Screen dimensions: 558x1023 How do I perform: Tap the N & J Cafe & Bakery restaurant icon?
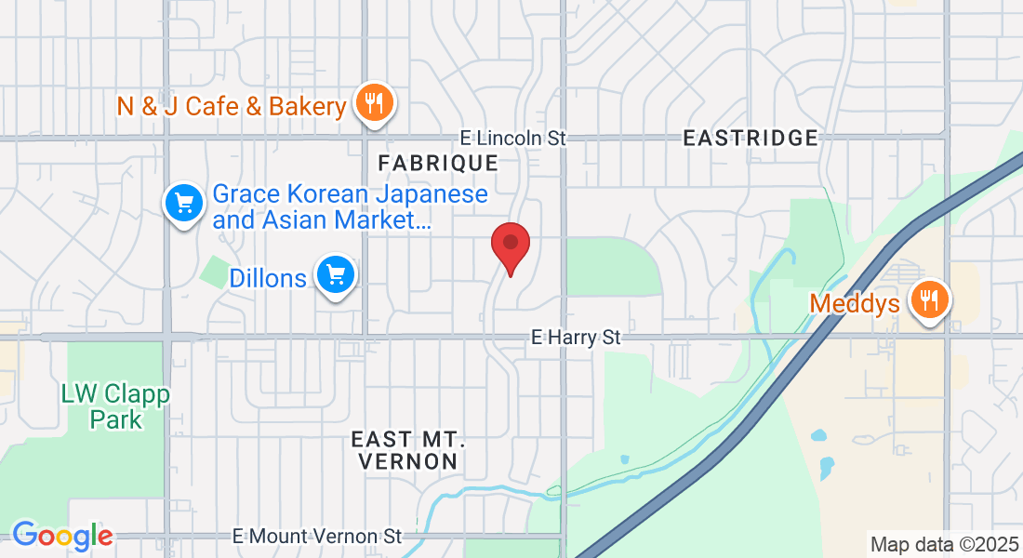coord(375,103)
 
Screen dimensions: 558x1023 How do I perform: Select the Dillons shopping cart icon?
coord(336,275)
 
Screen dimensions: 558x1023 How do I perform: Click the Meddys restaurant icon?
coord(927,299)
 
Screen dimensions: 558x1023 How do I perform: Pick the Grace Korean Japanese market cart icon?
coord(184,203)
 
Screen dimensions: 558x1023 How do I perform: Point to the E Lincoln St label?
coord(512,138)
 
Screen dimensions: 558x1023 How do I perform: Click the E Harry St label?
coord(575,337)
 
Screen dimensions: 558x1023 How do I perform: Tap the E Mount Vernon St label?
coord(317,536)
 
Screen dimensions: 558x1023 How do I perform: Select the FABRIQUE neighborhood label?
coord(438,163)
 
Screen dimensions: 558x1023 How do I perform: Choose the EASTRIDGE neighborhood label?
coord(751,139)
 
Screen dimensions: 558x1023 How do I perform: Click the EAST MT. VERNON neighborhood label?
coord(405,449)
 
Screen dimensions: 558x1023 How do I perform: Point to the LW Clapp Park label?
coord(116,406)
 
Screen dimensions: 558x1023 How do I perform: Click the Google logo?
coord(62,536)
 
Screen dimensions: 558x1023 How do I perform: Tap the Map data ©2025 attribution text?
coord(943,544)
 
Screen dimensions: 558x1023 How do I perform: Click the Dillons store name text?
coord(268,277)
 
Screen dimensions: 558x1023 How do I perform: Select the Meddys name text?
coord(855,303)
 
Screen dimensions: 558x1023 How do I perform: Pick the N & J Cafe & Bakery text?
coord(232,106)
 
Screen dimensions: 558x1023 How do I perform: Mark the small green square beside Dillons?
coord(214,271)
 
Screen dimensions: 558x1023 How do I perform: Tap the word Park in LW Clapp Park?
coord(116,419)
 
